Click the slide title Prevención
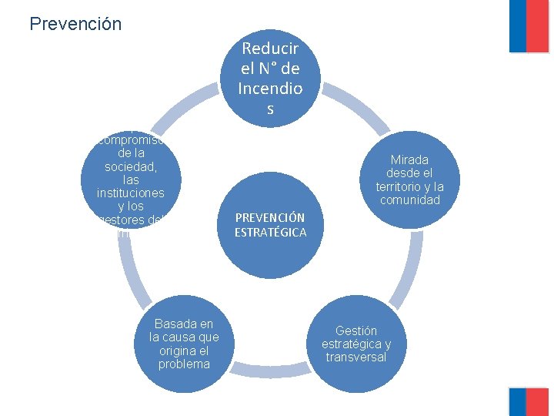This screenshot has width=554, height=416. (x=75, y=24)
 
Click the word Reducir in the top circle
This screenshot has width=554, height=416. (x=270, y=49)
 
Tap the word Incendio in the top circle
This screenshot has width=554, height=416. (x=270, y=89)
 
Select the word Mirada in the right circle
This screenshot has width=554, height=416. (x=410, y=159)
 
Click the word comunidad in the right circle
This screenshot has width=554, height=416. (x=410, y=200)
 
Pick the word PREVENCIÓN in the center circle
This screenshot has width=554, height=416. (x=270, y=218)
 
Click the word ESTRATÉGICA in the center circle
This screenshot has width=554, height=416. (x=270, y=232)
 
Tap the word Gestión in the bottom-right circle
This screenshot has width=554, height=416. (x=356, y=330)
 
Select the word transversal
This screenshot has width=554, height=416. (x=356, y=357)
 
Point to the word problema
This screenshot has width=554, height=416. (x=184, y=364)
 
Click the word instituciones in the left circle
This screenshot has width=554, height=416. (x=130, y=193)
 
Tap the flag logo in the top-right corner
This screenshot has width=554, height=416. (x=529, y=26)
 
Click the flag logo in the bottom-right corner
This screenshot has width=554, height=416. (x=529, y=401)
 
